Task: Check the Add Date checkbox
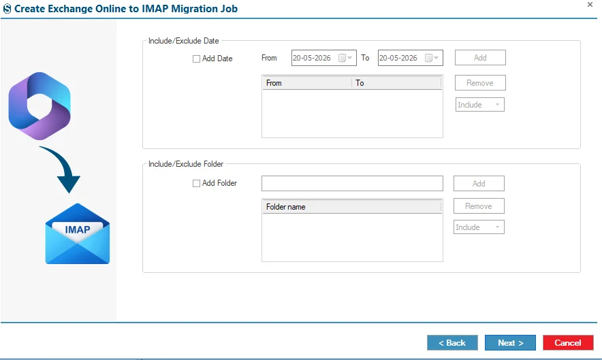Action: pos(196,59)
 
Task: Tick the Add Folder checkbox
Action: pos(196,184)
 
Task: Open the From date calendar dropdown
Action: pos(345,58)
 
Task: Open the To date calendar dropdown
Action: pos(432,58)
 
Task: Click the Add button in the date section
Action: pos(480,58)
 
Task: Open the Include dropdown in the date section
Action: pos(480,105)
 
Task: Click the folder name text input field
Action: pos(352,184)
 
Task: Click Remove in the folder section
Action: pos(479,206)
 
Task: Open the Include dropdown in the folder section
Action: pos(479,227)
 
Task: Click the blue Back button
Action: pos(452,343)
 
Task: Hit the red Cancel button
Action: pos(568,343)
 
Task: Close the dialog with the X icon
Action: pos(590,5)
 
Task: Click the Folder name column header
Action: pos(351,207)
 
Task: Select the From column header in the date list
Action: pos(307,83)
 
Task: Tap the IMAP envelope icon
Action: pos(78,233)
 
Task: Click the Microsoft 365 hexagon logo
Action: pos(39,106)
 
